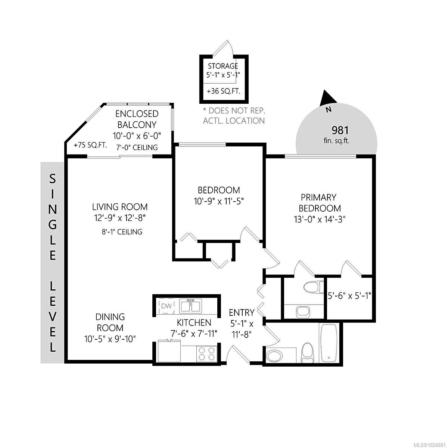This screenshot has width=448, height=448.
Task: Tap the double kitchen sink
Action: tap(191, 306)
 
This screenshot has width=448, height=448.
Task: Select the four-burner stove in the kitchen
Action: tap(206, 353)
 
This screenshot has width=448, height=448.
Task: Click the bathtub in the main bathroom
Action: tap(329, 343)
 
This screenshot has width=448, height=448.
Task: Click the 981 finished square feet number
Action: tap(340, 130)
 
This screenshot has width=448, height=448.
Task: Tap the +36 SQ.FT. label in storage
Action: tap(223, 91)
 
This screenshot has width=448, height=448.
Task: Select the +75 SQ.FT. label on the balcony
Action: tap(90, 146)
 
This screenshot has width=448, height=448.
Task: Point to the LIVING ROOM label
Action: tap(120, 206)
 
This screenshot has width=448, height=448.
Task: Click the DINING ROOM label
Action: tap(110, 322)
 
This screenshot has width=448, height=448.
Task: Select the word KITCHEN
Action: tap(194, 323)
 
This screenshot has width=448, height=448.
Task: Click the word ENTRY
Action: tap(242, 312)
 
